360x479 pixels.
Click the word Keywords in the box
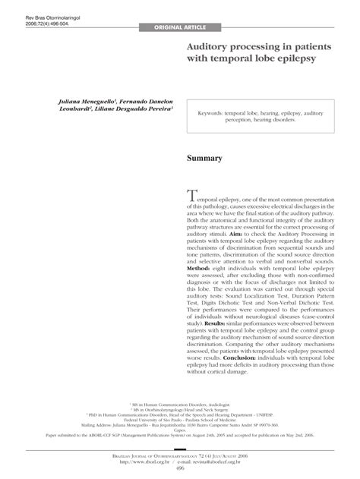point(216,112)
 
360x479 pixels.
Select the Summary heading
point(204,159)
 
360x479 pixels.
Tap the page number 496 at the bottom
point(180,468)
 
